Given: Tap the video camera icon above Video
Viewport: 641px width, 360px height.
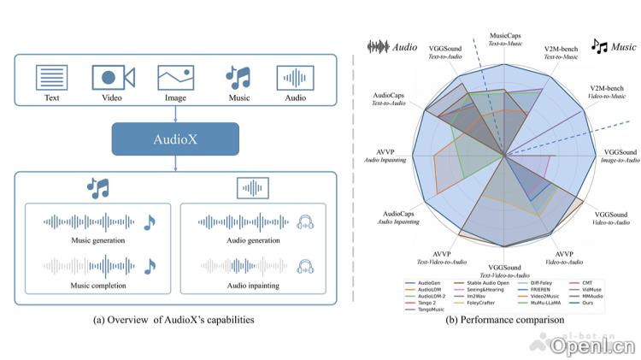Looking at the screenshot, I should tap(112, 78).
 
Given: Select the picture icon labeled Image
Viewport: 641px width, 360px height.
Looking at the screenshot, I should tap(174, 78).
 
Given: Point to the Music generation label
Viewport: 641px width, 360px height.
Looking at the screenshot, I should tap(97, 241).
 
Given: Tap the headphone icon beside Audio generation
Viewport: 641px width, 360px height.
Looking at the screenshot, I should tap(305, 223).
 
